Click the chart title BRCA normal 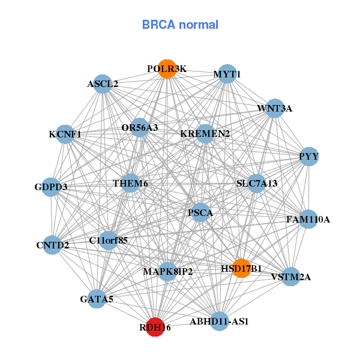[x=180, y=25]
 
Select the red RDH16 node [x=155, y=327]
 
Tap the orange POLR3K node [x=167, y=69]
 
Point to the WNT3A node [x=275, y=109]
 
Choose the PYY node [x=309, y=157]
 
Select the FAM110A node [x=308, y=219]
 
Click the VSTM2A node [x=290, y=277]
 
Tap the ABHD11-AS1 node [x=219, y=321]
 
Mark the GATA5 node [x=97, y=298]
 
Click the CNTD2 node [x=53, y=245]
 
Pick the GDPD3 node [x=51, y=187]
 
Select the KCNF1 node [x=65, y=134]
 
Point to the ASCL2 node [x=103, y=84]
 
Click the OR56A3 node [x=140, y=127]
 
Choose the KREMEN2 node [x=205, y=133]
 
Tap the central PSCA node [x=200, y=212]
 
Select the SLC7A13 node [x=257, y=183]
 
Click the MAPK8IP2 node [x=168, y=272]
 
